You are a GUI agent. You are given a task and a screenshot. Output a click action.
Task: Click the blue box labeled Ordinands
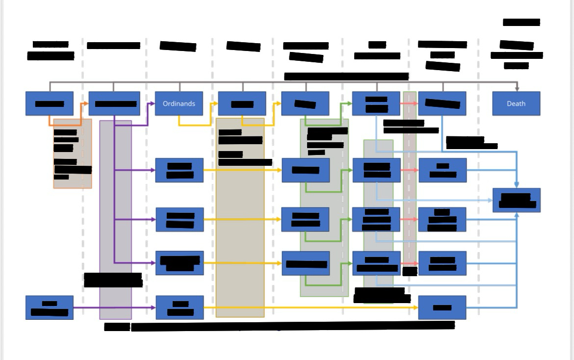pyautogui.click(x=179, y=103)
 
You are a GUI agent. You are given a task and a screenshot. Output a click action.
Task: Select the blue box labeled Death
pyautogui.click(x=516, y=103)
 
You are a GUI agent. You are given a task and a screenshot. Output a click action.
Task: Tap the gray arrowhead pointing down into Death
pyautogui.click(x=517, y=88)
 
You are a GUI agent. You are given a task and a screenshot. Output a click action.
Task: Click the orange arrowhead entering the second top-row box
pyautogui.click(x=86, y=103)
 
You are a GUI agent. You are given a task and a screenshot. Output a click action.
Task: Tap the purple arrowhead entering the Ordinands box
pyautogui.click(x=152, y=103)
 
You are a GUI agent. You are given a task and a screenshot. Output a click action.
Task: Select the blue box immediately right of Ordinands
pyautogui.click(x=242, y=103)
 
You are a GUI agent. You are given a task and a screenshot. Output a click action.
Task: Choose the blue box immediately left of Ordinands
pyautogui.click(x=114, y=103)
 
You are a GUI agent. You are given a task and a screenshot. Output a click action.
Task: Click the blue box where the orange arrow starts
pyautogui.click(x=49, y=103)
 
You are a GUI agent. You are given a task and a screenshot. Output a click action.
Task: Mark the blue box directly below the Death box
pyautogui.click(x=516, y=200)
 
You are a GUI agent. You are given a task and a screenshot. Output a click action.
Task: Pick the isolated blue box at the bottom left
pyautogui.click(x=49, y=308)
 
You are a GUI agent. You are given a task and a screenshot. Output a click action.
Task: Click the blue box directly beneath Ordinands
pyautogui.click(x=179, y=170)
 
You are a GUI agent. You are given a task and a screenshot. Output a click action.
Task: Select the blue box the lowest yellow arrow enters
pyautogui.click(x=442, y=308)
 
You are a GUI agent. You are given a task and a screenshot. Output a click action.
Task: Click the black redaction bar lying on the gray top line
pyautogui.click(x=346, y=76)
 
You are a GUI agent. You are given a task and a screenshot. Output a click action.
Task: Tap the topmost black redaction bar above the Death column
pyautogui.click(x=521, y=22)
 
